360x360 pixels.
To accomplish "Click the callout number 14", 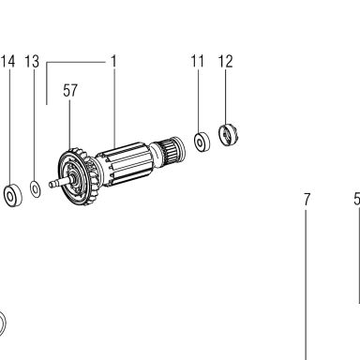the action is (x=7, y=62).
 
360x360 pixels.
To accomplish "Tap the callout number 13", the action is (x=32, y=62).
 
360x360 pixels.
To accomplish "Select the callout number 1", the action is (x=113, y=62).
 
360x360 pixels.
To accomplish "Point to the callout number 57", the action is (x=70, y=91).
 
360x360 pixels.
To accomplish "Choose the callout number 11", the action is (x=198, y=61).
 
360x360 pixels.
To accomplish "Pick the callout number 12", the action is (x=225, y=62).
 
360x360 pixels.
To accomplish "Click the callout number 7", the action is (x=307, y=199).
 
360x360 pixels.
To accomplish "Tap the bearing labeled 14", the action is (x=13, y=195).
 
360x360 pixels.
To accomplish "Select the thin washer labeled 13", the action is (x=36, y=188).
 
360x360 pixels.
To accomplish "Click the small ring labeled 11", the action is (x=202, y=142).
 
